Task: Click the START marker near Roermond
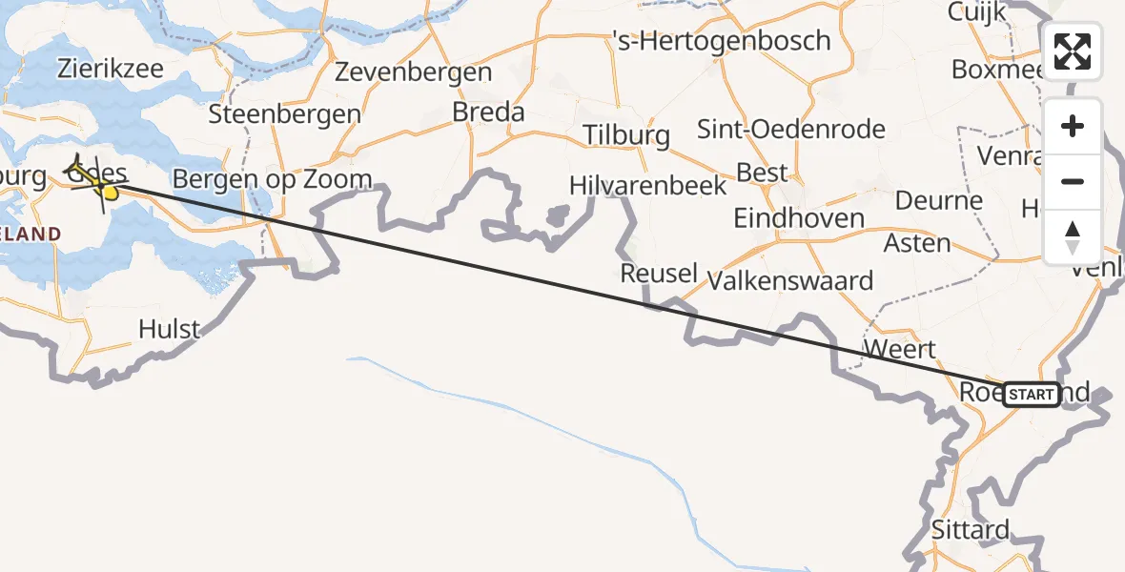pos(1031,394)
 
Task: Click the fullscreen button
pos(1073,51)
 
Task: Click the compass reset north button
pos(1073,237)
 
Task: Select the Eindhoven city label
pos(798,218)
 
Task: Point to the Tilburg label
pos(626,134)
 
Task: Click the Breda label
pos(488,112)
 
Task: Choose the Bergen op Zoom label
pos(273,179)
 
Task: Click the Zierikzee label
pos(111,69)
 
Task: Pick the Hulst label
pos(169,330)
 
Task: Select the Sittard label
pos(970,530)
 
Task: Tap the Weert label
pos(899,348)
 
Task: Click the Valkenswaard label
pos(790,281)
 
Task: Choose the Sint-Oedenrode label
pos(791,129)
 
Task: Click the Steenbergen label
pos(284,114)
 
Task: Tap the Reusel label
pos(659,274)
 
